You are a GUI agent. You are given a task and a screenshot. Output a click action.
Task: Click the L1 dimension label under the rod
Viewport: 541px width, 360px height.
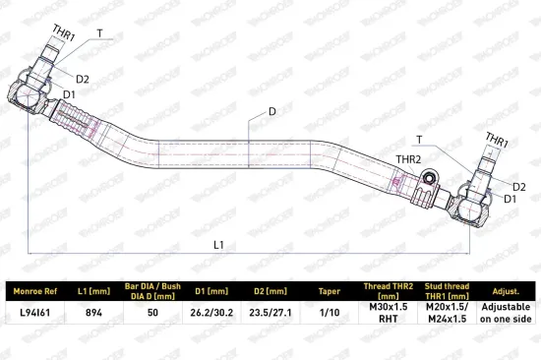click(218, 245)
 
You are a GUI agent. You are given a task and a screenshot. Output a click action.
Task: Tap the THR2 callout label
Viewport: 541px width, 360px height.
click(408, 159)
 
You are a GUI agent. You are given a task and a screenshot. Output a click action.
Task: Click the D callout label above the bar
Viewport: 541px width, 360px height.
click(272, 111)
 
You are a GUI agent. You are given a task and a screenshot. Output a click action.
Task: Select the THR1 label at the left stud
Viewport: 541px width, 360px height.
click(64, 33)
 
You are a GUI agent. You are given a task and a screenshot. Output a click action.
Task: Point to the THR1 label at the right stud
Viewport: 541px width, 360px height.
click(497, 141)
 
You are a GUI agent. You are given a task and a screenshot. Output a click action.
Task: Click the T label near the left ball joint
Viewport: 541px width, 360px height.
click(100, 33)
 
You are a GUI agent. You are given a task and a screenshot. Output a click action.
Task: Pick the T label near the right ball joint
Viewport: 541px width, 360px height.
click(419, 140)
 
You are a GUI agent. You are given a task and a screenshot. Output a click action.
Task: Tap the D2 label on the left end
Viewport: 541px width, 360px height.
click(83, 80)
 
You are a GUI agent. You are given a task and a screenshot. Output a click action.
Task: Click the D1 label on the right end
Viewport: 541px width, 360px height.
click(511, 199)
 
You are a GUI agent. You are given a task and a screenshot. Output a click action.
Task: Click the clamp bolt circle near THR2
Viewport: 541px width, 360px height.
click(429, 178)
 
